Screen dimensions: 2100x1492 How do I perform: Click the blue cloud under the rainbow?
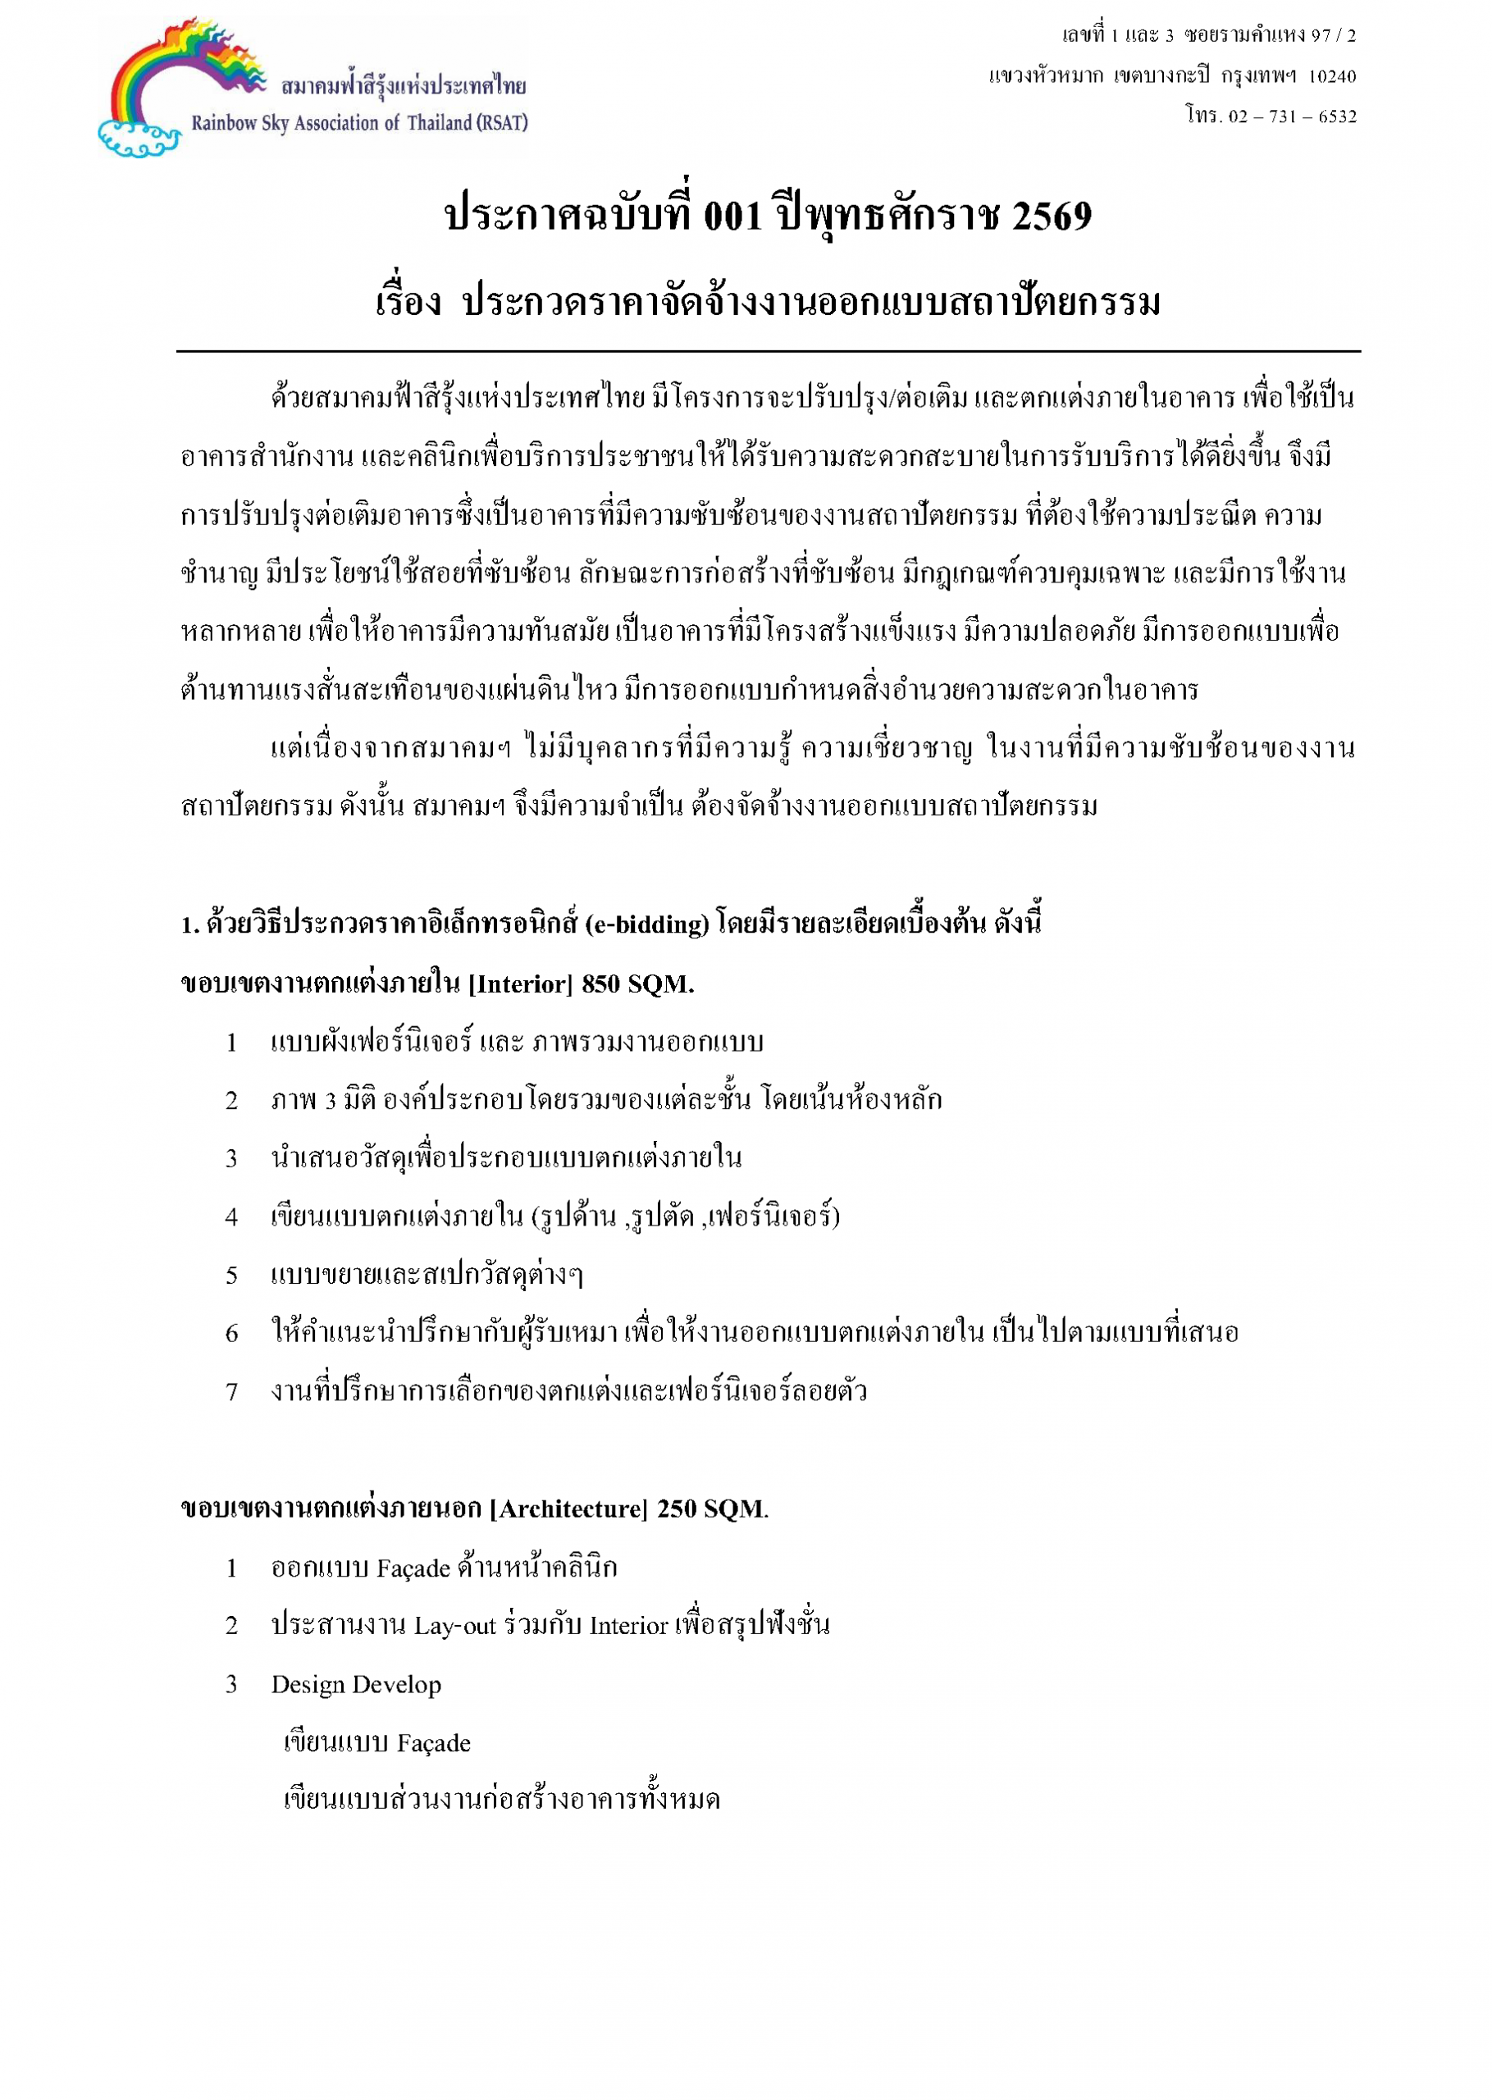click(x=138, y=139)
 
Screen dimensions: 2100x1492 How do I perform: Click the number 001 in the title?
click(x=733, y=217)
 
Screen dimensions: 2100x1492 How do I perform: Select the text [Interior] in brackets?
click(x=520, y=984)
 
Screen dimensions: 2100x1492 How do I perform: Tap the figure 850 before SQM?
click(x=601, y=984)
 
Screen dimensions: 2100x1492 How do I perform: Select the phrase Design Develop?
click(x=355, y=1685)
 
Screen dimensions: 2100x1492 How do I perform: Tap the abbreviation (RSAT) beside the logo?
click(x=503, y=123)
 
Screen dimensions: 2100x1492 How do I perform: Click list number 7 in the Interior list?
click(x=231, y=1393)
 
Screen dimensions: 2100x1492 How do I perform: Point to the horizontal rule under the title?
click(x=768, y=351)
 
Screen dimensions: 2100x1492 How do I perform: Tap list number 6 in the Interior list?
click(x=231, y=1334)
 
